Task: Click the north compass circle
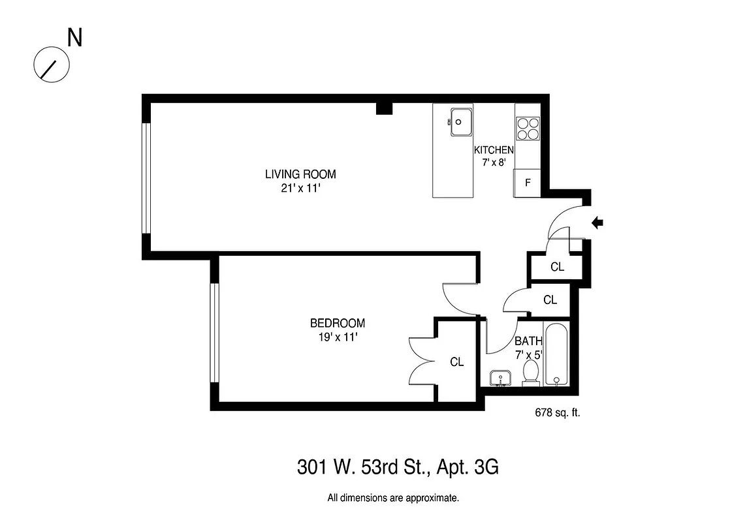point(51,65)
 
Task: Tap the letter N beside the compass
point(75,38)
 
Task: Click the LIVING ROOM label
point(300,174)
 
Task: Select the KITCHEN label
point(494,150)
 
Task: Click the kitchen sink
point(462,121)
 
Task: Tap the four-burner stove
point(528,128)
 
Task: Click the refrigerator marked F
point(528,183)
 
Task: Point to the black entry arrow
point(597,223)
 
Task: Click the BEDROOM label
point(337,323)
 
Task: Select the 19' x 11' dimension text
point(337,337)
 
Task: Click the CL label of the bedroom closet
point(457,361)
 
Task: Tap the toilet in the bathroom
point(531,373)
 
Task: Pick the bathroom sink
point(501,378)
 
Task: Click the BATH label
point(528,341)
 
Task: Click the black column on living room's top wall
point(384,108)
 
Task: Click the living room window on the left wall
point(147,177)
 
